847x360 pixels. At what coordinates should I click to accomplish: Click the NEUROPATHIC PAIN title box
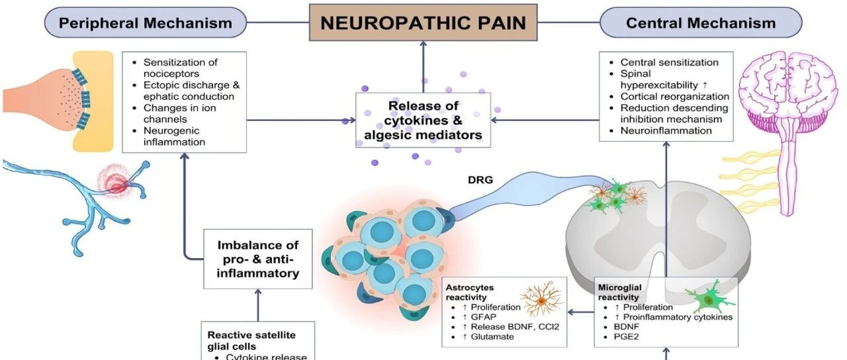[x=423, y=22]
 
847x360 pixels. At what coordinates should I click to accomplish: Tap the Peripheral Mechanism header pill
[x=146, y=22]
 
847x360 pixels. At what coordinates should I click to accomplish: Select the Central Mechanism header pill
[x=701, y=22]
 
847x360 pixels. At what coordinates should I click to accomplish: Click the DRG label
[x=480, y=180]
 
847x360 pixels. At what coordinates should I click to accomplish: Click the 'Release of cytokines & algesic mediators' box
[x=423, y=120]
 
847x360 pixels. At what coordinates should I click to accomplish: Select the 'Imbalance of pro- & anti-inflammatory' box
[x=258, y=259]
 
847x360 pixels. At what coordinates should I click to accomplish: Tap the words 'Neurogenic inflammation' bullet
[x=174, y=136]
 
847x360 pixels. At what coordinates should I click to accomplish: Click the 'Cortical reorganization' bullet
[x=674, y=97]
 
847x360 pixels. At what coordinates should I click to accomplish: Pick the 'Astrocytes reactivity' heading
[x=470, y=292]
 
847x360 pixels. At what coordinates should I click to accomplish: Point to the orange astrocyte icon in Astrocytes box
[x=542, y=298]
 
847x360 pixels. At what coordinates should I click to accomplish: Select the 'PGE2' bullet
[x=626, y=337]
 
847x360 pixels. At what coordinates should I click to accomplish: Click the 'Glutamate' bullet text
[x=492, y=337]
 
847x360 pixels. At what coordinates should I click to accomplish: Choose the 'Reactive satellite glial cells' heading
[x=251, y=341]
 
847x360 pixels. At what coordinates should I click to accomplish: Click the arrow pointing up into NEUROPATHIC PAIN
[x=423, y=67]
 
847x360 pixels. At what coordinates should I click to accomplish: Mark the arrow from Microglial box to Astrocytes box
[x=581, y=312]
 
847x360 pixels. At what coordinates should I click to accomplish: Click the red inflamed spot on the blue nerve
[x=116, y=183]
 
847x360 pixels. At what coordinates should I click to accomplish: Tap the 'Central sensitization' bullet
[x=669, y=62]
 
